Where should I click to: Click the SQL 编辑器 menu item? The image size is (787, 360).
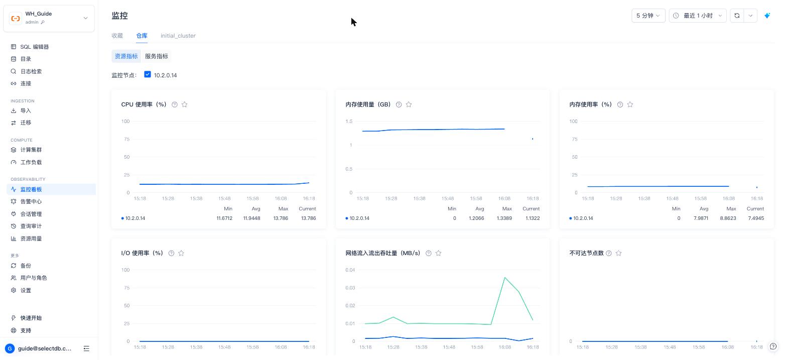(35, 47)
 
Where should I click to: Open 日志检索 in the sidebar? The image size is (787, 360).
(31, 71)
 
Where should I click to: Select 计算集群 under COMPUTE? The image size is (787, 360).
(31, 150)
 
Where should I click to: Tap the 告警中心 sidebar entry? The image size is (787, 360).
(31, 201)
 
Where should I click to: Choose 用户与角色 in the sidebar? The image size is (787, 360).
(33, 278)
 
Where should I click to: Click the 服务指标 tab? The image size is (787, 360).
(157, 56)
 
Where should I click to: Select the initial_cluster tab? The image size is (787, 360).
(178, 36)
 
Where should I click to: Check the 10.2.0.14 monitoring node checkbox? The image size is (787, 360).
(148, 74)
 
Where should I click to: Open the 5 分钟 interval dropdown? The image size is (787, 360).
(648, 16)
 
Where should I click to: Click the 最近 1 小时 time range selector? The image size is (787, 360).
(698, 16)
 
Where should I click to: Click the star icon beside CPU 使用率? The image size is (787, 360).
(185, 104)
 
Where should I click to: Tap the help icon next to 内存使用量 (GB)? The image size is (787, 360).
(399, 104)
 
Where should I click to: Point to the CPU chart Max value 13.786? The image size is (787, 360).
(281, 218)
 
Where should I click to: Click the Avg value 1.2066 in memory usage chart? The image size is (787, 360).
(476, 218)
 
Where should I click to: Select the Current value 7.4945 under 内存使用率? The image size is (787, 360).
(756, 218)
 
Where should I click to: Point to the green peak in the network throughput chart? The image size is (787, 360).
(505, 277)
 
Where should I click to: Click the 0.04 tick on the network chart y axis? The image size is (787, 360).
(350, 270)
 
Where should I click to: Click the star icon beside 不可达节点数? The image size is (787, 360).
(619, 253)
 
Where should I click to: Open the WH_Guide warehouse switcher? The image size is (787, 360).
(49, 18)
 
